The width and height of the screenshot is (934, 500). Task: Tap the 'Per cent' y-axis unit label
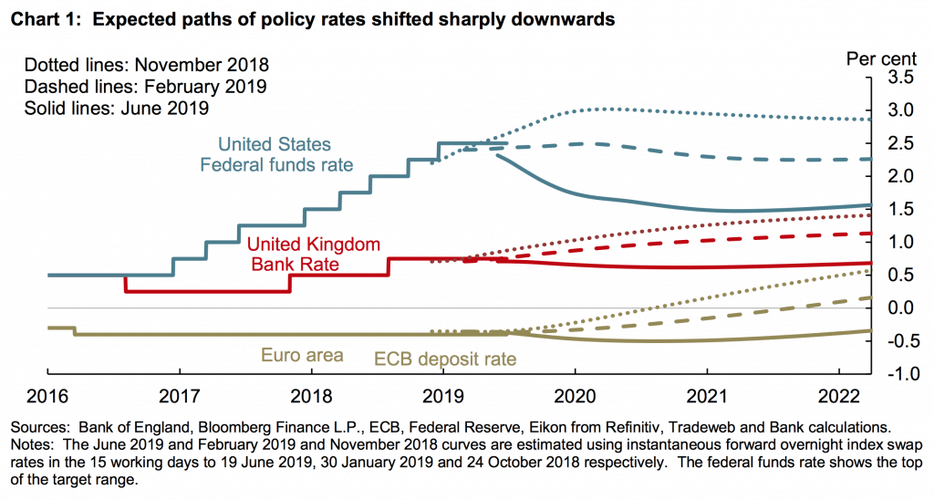coord(883,59)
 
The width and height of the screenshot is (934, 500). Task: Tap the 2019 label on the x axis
coord(442,397)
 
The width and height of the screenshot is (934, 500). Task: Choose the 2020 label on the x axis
coord(575,397)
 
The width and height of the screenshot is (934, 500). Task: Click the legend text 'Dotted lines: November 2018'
coord(147,66)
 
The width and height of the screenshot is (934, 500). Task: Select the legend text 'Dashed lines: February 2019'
coord(145,87)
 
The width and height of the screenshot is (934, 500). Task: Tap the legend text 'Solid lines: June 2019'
coord(117,108)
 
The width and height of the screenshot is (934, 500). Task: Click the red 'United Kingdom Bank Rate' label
coord(314,255)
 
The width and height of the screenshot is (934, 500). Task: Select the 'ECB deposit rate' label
coord(446,359)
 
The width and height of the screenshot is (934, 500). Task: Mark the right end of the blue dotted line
coord(869,120)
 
